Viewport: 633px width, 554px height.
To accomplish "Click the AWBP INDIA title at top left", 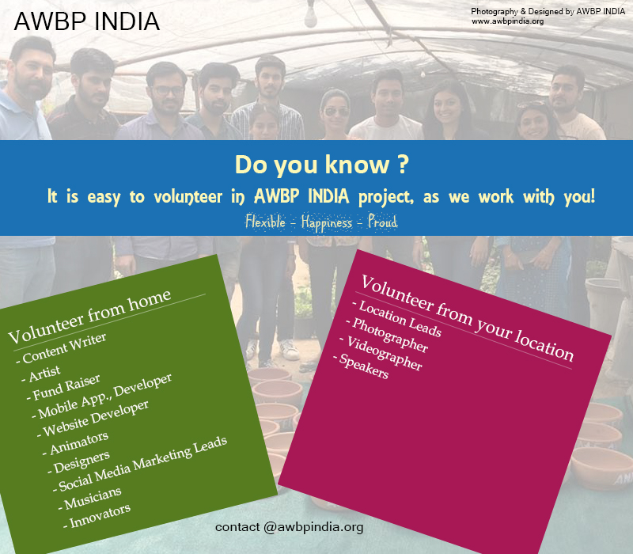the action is point(87,21).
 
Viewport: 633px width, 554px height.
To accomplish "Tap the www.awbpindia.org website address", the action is point(507,21).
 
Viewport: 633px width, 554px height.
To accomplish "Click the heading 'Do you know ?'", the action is point(322,165).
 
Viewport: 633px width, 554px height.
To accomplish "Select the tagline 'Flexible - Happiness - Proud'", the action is point(321,222).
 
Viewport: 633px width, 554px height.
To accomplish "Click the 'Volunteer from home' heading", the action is point(89,316).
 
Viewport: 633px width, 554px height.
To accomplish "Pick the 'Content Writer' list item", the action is point(62,348).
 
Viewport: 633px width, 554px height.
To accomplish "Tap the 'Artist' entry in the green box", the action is point(41,374).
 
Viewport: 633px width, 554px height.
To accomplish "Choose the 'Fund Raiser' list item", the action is point(63,388).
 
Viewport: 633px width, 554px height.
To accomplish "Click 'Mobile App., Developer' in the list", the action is point(102,397).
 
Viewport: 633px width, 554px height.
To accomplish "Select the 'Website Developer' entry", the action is point(93,419).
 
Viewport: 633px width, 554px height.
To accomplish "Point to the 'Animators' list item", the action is point(76,443).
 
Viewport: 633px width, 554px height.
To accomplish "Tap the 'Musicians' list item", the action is point(90,499).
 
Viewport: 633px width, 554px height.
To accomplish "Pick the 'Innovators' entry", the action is point(97,516).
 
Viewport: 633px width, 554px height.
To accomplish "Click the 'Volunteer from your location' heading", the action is point(467,318).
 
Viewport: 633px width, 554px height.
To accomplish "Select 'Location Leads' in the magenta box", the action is point(397,319).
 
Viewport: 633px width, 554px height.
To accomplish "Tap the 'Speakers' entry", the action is point(362,366).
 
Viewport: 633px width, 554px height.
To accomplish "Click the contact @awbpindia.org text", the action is point(289,527).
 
